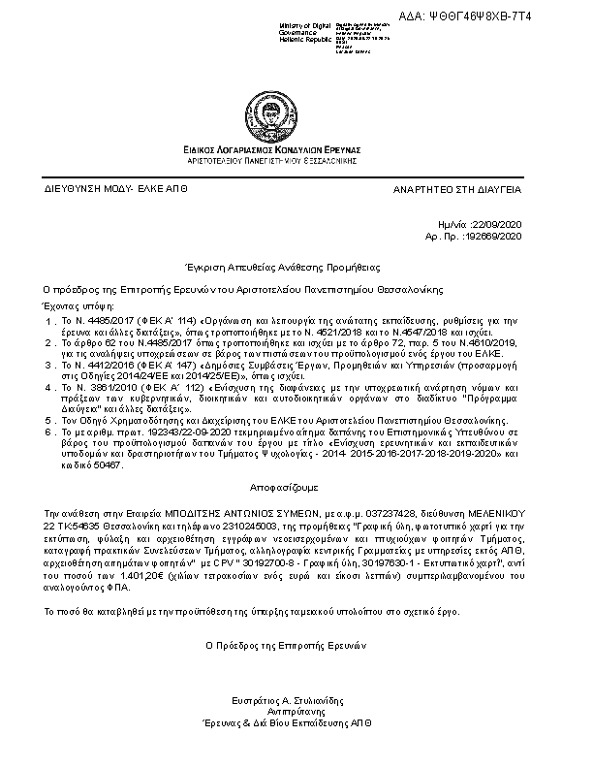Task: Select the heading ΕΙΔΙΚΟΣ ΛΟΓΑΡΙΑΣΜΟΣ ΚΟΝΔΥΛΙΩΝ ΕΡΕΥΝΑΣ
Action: click(271, 150)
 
